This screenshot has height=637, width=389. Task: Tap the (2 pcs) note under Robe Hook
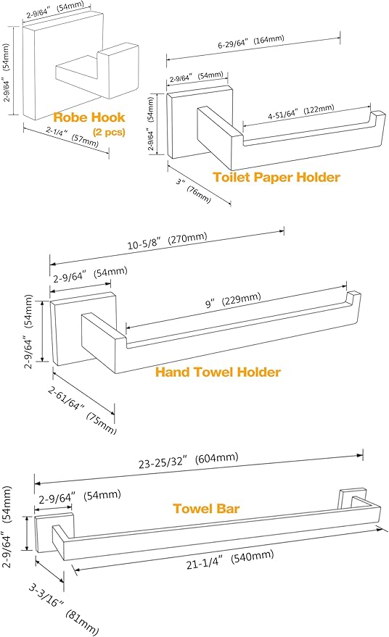(109, 132)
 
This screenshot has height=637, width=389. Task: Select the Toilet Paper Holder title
(276, 176)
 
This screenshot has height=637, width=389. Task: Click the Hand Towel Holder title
(218, 372)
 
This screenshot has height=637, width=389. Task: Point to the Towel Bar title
(205, 508)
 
